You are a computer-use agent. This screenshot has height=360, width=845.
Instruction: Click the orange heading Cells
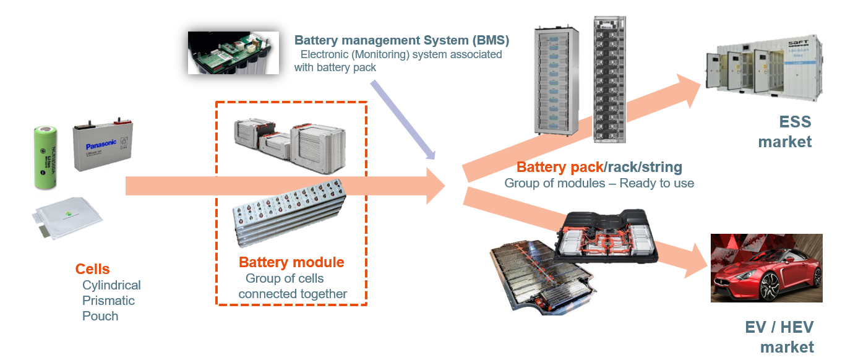point(92,269)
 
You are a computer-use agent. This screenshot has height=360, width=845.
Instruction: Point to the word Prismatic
point(108,301)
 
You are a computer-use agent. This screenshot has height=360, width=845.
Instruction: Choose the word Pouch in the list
point(100,316)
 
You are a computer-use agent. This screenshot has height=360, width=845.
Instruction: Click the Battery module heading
point(291,262)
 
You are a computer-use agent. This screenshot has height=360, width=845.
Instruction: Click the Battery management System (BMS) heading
point(401,41)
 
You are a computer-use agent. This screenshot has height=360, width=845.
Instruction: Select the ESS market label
point(784,131)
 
